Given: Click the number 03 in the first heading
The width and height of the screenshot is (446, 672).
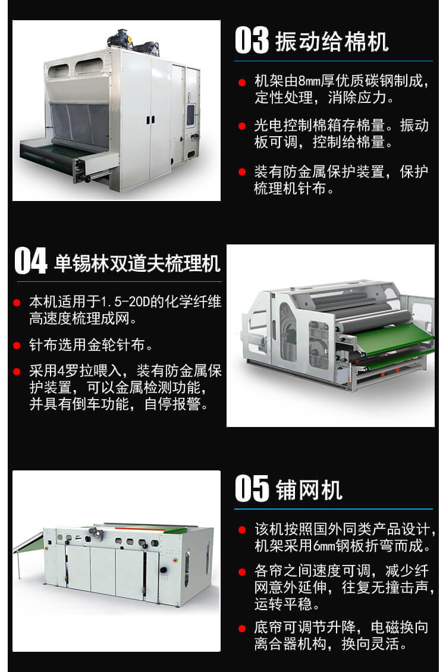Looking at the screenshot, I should coord(253,41).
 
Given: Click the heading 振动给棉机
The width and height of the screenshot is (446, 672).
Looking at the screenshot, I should coord(332,42).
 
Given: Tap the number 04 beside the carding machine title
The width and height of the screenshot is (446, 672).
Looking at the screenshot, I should coord(30,262).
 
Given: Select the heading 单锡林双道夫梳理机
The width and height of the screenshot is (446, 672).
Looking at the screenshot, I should coord(137,263).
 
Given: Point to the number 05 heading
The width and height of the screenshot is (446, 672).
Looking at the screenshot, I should coord(253,489).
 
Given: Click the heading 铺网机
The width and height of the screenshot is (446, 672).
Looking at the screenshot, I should coord(309,490).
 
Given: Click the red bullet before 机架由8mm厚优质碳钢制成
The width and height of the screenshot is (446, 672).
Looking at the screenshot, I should coord(242,81).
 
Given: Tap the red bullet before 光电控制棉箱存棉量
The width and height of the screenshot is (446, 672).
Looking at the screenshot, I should coord(242,126).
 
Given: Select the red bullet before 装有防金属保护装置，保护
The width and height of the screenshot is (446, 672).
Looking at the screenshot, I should coord(242,172).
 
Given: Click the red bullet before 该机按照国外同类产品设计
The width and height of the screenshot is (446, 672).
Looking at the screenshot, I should coord(242,529).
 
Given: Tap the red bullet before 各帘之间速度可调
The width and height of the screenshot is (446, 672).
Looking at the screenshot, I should coord(242,572).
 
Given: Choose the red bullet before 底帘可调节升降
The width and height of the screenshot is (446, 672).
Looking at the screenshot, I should coord(242,628).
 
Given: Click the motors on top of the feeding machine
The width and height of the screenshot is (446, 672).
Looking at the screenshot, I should coord(131,39).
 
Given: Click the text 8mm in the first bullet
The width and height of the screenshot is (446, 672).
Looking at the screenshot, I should coord(310,81).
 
